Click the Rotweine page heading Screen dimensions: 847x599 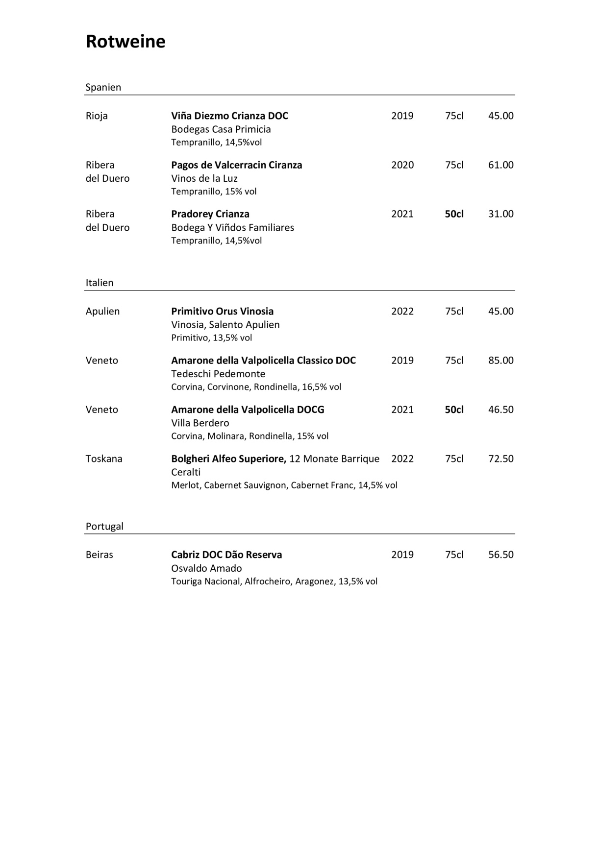[125, 42]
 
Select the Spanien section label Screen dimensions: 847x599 [103, 87]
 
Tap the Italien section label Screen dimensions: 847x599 [100, 283]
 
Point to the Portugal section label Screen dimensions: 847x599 [104, 526]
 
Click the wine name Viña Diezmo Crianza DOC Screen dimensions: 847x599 [229, 116]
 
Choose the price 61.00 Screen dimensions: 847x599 [500, 165]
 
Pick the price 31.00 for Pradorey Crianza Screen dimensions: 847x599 [500, 214]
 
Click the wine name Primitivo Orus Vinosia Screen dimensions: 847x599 [222, 312]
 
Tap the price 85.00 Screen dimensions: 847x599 [500, 361]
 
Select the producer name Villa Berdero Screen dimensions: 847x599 [200, 423]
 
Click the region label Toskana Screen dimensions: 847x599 [104, 459]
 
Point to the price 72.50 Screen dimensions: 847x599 [500, 459]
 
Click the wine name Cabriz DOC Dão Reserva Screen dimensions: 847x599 [226, 555]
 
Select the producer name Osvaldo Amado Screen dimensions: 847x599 [206, 568]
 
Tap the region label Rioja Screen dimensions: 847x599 [97, 116]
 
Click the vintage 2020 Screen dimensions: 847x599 [402, 165]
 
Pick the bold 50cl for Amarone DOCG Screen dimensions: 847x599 [454, 410]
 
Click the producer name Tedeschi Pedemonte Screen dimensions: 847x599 [218, 374]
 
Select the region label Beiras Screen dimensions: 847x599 [100, 555]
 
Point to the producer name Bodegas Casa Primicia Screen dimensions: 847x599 [221, 129]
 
